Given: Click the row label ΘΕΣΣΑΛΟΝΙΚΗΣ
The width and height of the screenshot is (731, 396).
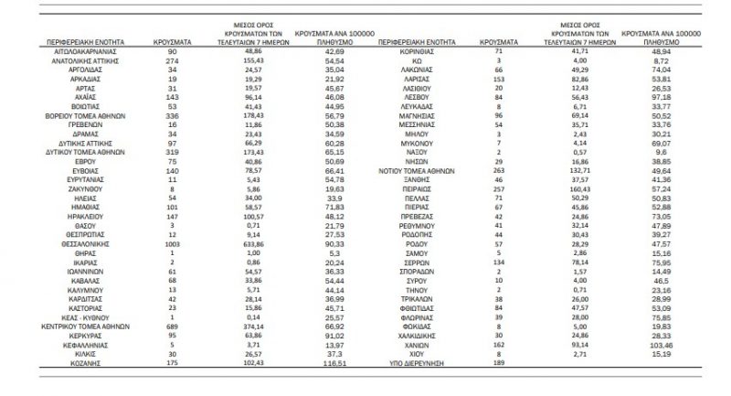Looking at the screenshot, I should (77, 245).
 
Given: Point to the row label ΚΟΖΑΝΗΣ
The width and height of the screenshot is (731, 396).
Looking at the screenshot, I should (77, 363).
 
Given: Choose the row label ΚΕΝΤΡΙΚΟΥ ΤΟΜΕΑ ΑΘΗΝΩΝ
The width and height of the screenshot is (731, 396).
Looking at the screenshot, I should (77, 326).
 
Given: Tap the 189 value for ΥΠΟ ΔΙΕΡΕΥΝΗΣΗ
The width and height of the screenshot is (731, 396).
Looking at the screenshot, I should (499, 363).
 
